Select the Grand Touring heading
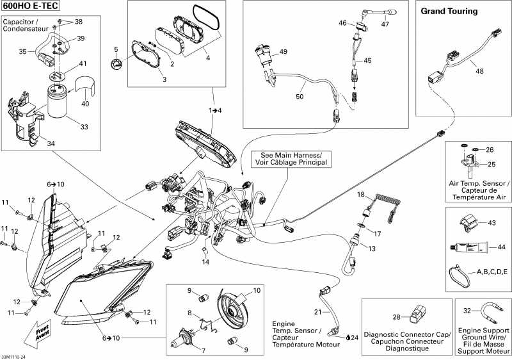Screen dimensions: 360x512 (x=449, y=12)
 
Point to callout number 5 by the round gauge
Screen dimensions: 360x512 (x=116, y=49)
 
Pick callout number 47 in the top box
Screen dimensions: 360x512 (x=385, y=24)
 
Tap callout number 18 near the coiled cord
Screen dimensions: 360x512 (x=361, y=194)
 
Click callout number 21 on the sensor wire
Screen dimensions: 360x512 (x=317, y=312)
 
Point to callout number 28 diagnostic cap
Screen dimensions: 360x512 (x=396, y=317)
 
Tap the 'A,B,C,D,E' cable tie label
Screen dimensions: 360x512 (x=492, y=272)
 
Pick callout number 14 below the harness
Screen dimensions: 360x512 (x=206, y=262)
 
